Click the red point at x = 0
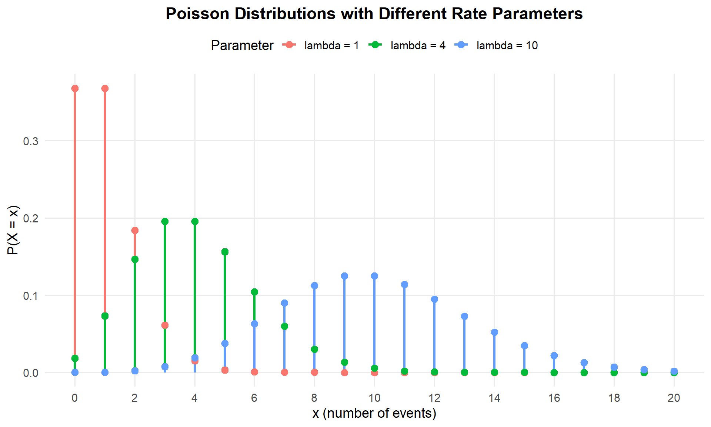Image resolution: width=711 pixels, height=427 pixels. coord(75,88)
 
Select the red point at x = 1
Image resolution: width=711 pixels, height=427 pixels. coord(105,88)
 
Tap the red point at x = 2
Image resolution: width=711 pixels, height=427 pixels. coord(135,230)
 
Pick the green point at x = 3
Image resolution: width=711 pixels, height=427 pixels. coord(165,221)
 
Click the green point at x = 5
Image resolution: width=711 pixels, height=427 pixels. coord(225,252)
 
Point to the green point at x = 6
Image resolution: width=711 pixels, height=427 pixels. coord(254,292)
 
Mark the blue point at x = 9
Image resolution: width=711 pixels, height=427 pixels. coord(344,276)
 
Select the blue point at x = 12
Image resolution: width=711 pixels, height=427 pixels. coord(434,299)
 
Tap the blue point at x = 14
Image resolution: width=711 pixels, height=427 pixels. coord(494,332)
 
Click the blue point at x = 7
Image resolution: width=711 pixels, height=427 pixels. coord(284,303)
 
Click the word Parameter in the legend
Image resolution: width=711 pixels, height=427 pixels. coord(242,46)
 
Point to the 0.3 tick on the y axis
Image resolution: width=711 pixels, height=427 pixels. coord(31,141)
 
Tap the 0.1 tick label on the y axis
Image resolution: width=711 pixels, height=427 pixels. coord(31,296)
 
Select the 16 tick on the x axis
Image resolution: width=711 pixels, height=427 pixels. coord(554,398)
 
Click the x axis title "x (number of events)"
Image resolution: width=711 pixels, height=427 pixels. coord(374,413)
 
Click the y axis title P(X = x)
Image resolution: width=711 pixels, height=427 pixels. coord(13,230)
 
